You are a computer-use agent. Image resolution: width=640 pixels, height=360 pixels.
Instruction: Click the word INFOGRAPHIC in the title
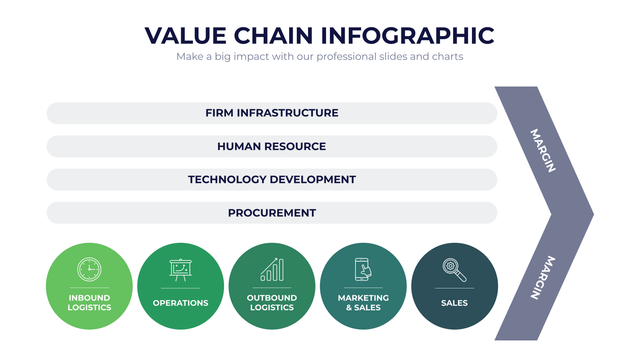[408, 36]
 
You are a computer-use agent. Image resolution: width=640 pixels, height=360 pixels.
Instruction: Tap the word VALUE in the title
[186, 36]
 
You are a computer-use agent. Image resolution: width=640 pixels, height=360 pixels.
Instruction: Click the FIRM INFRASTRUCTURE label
[272, 113]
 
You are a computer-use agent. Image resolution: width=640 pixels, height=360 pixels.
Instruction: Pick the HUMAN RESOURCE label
[272, 146]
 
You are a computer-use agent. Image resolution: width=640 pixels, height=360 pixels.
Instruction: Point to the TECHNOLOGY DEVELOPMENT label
[272, 180]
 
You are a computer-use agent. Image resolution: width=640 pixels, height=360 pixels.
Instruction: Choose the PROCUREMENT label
[272, 213]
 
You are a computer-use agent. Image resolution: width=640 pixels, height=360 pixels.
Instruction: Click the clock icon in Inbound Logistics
[89, 270]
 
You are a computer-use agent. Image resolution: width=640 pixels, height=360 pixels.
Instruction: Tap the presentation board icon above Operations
[180, 270]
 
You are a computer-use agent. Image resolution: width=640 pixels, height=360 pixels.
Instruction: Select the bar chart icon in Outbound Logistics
[272, 270]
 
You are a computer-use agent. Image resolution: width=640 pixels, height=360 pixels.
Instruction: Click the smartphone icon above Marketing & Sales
[363, 270]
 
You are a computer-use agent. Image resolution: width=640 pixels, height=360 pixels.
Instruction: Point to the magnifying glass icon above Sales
[454, 270]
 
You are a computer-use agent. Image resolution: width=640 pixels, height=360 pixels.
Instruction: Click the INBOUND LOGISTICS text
[89, 302]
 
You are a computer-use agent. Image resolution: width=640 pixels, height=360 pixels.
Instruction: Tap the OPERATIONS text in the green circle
[180, 303]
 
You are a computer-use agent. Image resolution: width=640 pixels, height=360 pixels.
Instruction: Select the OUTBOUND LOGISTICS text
[272, 302]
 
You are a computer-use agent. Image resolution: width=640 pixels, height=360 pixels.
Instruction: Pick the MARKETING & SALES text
[363, 302]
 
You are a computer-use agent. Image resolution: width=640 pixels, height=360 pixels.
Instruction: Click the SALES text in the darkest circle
[454, 303]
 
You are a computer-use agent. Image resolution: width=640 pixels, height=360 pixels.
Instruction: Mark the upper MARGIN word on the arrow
[543, 150]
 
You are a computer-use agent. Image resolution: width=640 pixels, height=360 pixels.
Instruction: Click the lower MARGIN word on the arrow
[543, 278]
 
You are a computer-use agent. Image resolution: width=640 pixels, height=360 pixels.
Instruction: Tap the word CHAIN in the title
[274, 36]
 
